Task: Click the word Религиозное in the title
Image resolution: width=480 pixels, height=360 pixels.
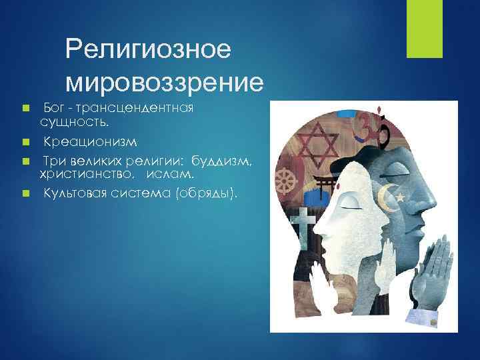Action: pyautogui.click(x=147, y=50)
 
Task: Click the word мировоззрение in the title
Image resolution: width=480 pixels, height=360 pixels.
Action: pyautogui.click(x=165, y=81)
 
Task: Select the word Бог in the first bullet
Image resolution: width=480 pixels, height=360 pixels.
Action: pyautogui.click(x=54, y=108)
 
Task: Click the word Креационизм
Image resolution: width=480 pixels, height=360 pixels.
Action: pyautogui.click(x=91, y=142)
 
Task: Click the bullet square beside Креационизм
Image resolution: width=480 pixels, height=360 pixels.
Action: pyautogui.click(x=25, y=142)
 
